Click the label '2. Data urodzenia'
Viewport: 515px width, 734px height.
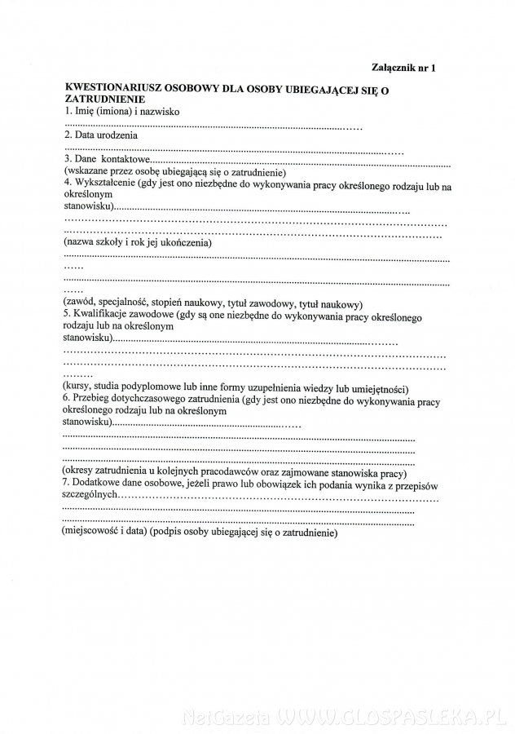click(100, 135)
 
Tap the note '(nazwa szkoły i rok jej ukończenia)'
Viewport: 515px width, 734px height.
click(137, 242)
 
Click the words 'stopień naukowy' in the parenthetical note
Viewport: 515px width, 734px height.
click(203, 303)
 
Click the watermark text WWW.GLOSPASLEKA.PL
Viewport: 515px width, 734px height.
click(390, 718)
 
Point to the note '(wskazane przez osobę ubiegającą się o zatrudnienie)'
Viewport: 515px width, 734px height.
click(173, 173)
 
